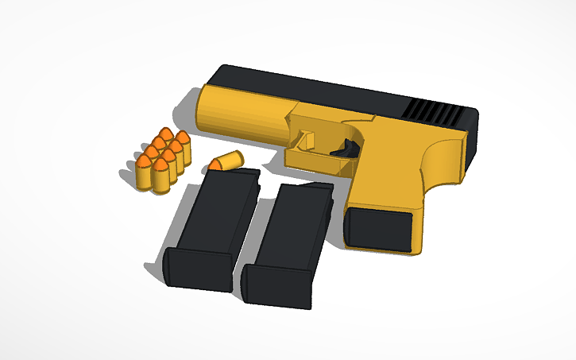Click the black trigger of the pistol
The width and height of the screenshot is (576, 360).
tap(348, 147)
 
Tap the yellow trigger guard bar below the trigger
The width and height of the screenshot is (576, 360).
tap(318, 162)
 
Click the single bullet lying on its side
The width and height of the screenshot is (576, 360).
tap(226, 161)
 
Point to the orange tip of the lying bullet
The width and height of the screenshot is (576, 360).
tap(214, 165)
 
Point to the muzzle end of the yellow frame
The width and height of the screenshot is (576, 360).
tap(205, 111)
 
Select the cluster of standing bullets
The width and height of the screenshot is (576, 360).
tap(162, 159)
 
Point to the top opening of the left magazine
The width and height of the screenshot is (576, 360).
tap(235, 172)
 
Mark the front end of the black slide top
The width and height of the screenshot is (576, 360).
tap(218, 75)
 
